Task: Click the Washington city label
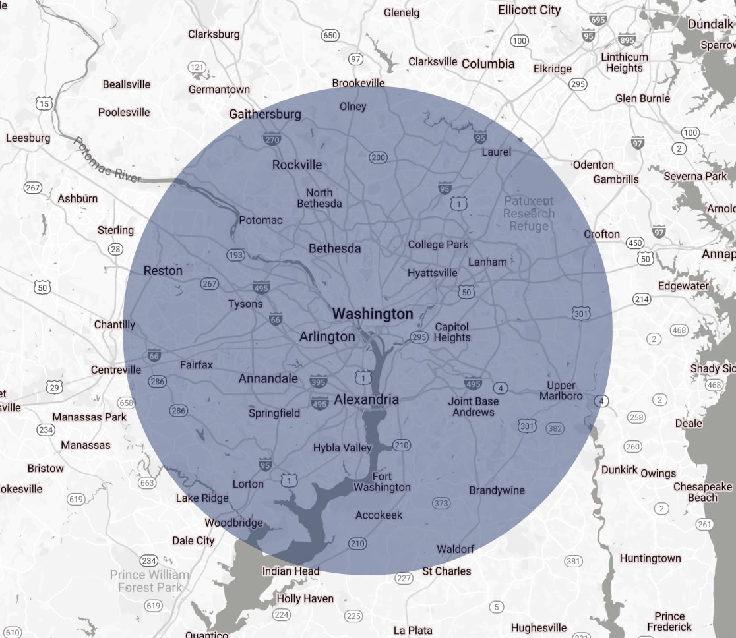click(x=373, y=314)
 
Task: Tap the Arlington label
click(x=327, y=337)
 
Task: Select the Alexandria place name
click(x=366, y=399)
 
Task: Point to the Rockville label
click(x=297, y=164)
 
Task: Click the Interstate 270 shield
click(x=272, y=139)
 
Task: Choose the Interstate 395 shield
click(x=318, y=382)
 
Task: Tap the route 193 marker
click(x=235, y=254)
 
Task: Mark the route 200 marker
click(x=378, y=158)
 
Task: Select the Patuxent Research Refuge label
click(x=529, y=214)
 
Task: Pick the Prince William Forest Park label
click(x=149, y=581)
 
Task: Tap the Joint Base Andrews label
click(x=474, y=407)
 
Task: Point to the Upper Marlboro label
click(x=561, y=390)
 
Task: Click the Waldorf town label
click(x=455, y=549)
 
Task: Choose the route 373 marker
click(x=441, y=504)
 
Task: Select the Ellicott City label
click(x=529, y=10)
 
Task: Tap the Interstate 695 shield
click(x=598, y=20)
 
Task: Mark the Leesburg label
click(x=28, y=138)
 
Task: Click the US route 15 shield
click(x=44, y=103)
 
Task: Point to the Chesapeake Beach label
click(x=702, y=492)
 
